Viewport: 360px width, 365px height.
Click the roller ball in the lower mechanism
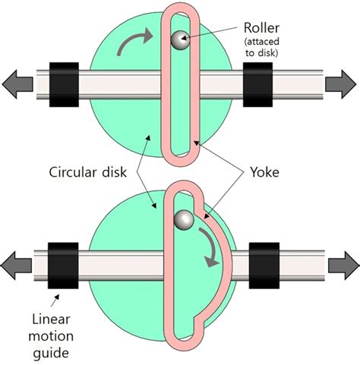pyautogui.click(x=182, y=220)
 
